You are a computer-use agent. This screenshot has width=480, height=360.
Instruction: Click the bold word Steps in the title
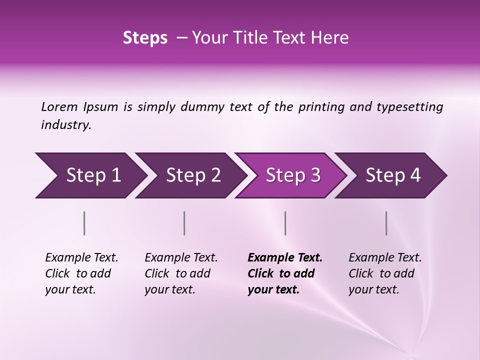point(145,38)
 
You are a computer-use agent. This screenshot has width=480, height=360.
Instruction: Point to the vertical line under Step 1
point(84,223)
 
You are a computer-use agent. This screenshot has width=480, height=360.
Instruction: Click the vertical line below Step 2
point(184,223)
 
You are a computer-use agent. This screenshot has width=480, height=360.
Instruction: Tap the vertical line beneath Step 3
point(285,223)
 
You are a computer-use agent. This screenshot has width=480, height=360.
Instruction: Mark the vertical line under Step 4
point(386,223)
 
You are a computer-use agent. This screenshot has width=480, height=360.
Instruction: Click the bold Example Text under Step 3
point(285,273)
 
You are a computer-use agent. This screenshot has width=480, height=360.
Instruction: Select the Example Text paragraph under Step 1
point(81,273)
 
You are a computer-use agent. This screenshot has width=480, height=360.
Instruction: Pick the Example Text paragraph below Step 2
point(181,273)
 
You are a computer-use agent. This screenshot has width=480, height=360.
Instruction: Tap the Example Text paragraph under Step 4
point(385,273)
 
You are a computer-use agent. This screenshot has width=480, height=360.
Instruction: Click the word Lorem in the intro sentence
point(59,107)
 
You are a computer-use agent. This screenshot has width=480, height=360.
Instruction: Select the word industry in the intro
point(65,125)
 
